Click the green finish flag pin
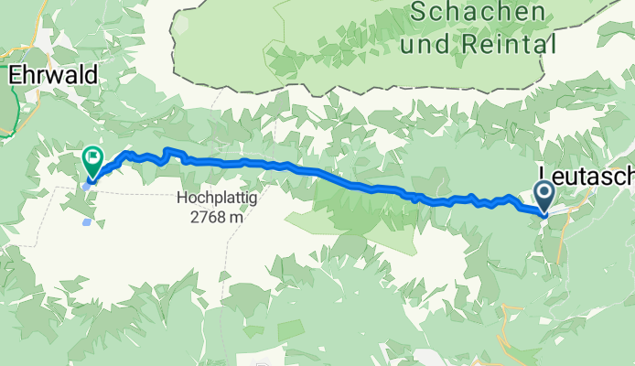92,160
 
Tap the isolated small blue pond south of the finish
86,221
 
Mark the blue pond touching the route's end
85,185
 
